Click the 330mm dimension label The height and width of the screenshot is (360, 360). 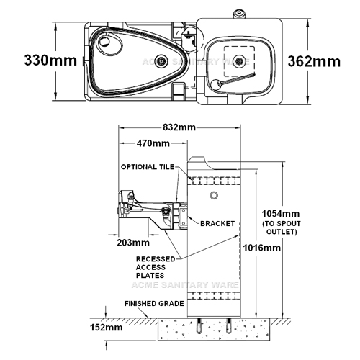click(50, 60)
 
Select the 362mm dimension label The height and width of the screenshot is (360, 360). click(314, 61)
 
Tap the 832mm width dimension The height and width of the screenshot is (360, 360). click(179, 127)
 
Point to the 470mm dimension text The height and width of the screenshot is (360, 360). click(153, 143)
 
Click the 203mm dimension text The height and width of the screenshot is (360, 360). click(133, 243)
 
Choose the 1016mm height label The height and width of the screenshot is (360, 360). click(262, 248)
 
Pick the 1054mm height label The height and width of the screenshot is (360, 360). click(281, 213)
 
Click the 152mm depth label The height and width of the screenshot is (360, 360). click(107, 328)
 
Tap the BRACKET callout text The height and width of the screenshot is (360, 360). click(217, 224)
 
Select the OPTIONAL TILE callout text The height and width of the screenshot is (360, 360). click(148, 167)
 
